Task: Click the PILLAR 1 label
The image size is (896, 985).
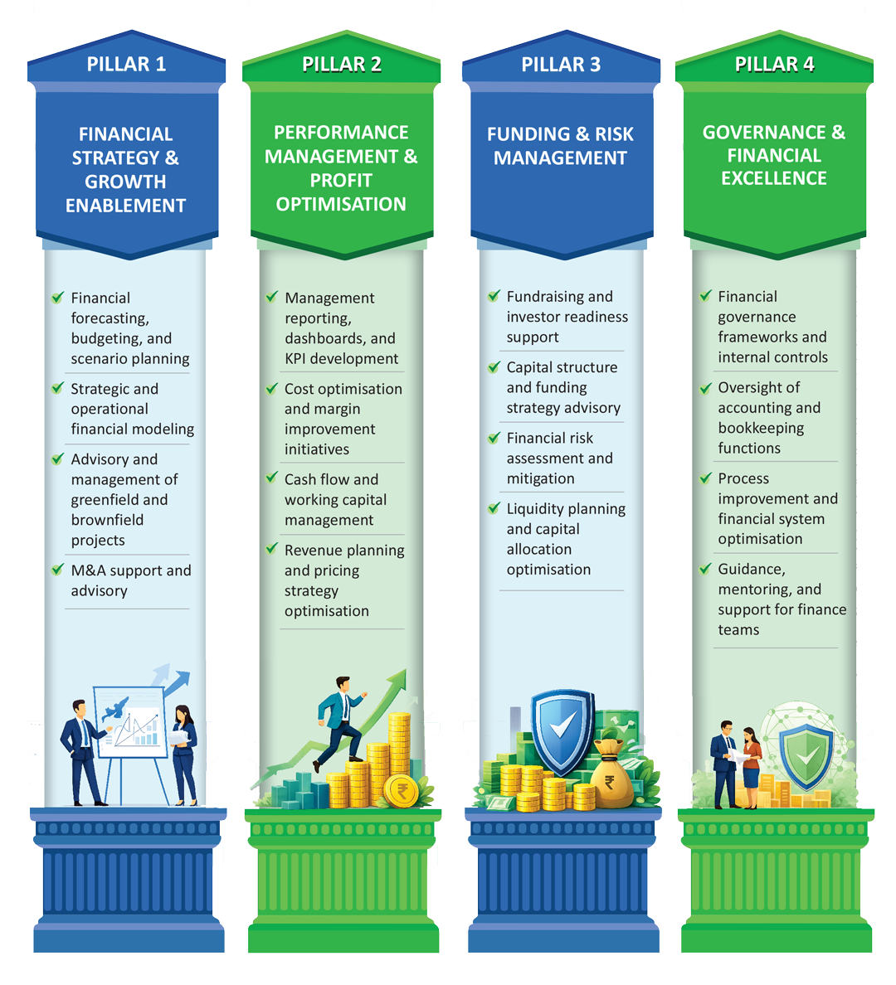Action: click(x=126, y=65)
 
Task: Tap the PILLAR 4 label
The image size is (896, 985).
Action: click(x=774, y=65)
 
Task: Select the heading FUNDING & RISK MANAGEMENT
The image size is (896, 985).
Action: click(x=560, y=146)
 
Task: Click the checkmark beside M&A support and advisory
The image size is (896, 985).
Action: click(x=57, y=570)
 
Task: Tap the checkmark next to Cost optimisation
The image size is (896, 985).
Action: click(x=271, y=388)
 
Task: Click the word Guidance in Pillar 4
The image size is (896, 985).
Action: click(x=752, y=569)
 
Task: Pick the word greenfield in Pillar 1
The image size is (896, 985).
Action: click(x=119, y=500)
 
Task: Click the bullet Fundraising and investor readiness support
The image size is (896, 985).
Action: click(x=567, y=317)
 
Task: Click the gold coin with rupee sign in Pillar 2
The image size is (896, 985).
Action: click(x=403, y=789)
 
